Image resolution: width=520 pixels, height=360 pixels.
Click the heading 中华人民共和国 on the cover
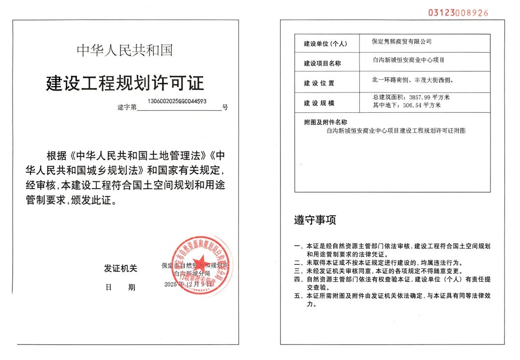click(x=124, y=50)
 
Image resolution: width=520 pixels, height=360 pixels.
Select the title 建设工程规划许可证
click(x=125, y=83)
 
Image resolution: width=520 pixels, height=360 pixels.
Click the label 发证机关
click(x=120, y=269)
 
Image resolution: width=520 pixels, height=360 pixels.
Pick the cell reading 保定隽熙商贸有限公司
click(x=401, y=42)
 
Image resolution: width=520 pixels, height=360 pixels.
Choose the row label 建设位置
click(x=319, y=83)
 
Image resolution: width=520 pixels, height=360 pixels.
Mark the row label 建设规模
click(x=319, y=104)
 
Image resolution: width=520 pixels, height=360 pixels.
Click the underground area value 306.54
click(x=413, y=105)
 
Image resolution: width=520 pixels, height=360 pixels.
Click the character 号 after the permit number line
click(x=225, y=107)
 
